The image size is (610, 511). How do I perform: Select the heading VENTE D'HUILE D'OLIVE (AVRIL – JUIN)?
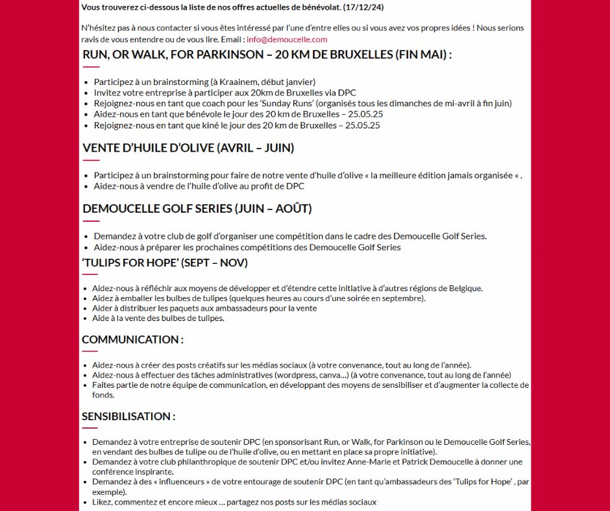(x=188, y=148)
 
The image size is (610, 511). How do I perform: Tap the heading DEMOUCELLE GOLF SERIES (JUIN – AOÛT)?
(x=197, y=209)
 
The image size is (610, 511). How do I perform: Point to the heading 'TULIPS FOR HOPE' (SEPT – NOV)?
(x=165, y=263)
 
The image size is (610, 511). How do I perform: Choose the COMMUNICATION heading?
(x=132, y=339)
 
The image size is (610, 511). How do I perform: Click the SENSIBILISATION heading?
(x=128, y=416)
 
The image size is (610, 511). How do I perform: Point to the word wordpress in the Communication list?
(x=296, y=375)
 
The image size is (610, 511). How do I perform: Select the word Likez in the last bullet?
(x=103, y=502)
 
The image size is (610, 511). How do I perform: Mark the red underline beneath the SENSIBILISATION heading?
(x=90, y=428)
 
